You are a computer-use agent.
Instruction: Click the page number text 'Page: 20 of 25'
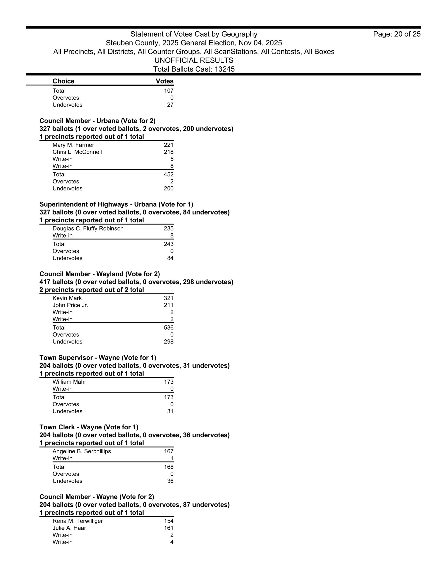[396, 34]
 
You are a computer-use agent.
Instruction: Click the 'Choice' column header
[63, 81]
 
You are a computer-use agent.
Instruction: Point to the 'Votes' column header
[164, 81]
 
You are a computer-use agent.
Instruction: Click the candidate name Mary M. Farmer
[73, 145]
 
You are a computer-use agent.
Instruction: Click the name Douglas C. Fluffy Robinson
[88, 228]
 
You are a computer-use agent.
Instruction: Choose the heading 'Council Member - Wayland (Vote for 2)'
[100, 274]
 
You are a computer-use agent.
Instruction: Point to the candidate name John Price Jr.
[70, 305]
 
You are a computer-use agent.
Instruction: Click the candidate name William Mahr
[69, 382]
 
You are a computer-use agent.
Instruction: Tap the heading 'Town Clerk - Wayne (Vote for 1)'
[89, 427]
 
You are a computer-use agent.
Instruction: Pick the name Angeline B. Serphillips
[81, 451]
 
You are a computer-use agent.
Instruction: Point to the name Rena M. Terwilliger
[78, 521]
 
